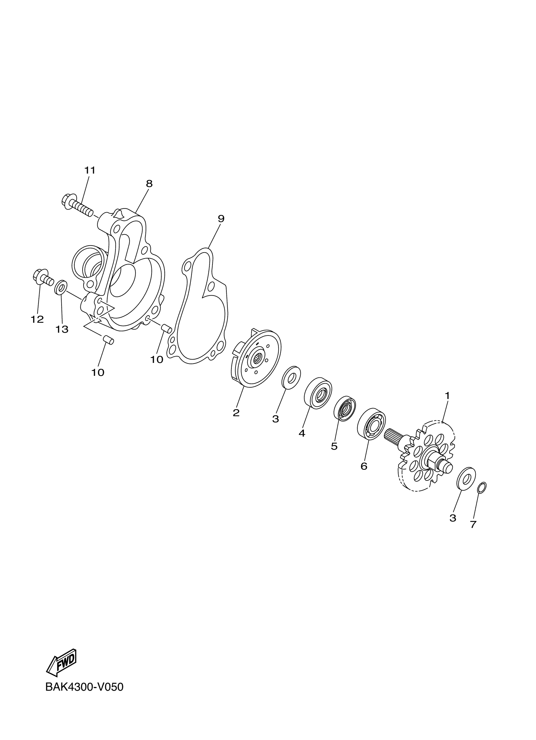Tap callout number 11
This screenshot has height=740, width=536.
coord(90,170)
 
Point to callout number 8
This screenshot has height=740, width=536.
coord(149,184)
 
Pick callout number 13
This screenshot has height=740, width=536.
coord(62,329)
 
